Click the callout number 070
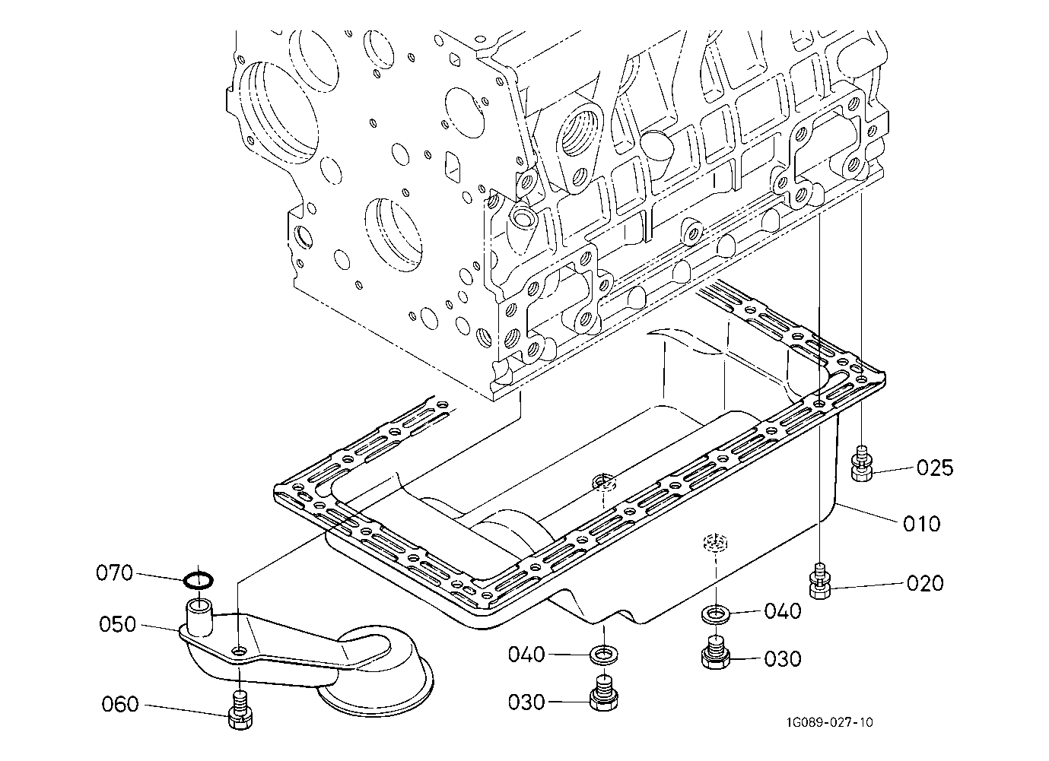[x=114, y=573]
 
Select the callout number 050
[x=117, y=624]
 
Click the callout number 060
[x=120, y=705]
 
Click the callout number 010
[x=922, y=524]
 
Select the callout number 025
[x=935, y=468]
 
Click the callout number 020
[x=925, y=583]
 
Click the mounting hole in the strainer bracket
[x=240, y=652]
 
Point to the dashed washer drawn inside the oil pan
[x=717, y=542]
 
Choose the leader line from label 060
[x=186, y=709]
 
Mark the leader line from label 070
[x=160, y=577]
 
